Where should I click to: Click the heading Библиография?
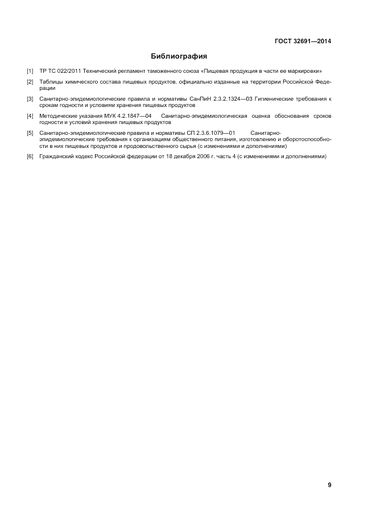click(x=179, y=56)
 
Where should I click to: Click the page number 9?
click(x=329, y=485)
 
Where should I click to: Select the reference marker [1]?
click(x=30, y=72)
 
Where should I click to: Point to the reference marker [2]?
click(x=30, y=83)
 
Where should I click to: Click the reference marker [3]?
click(x=30, y=100)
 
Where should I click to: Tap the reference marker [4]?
click(x=30, y=116)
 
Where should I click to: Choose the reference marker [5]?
click(x=30, y=133)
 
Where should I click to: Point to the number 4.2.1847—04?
click(x=126, y=116)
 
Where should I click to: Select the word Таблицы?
click(x=52, y=83)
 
